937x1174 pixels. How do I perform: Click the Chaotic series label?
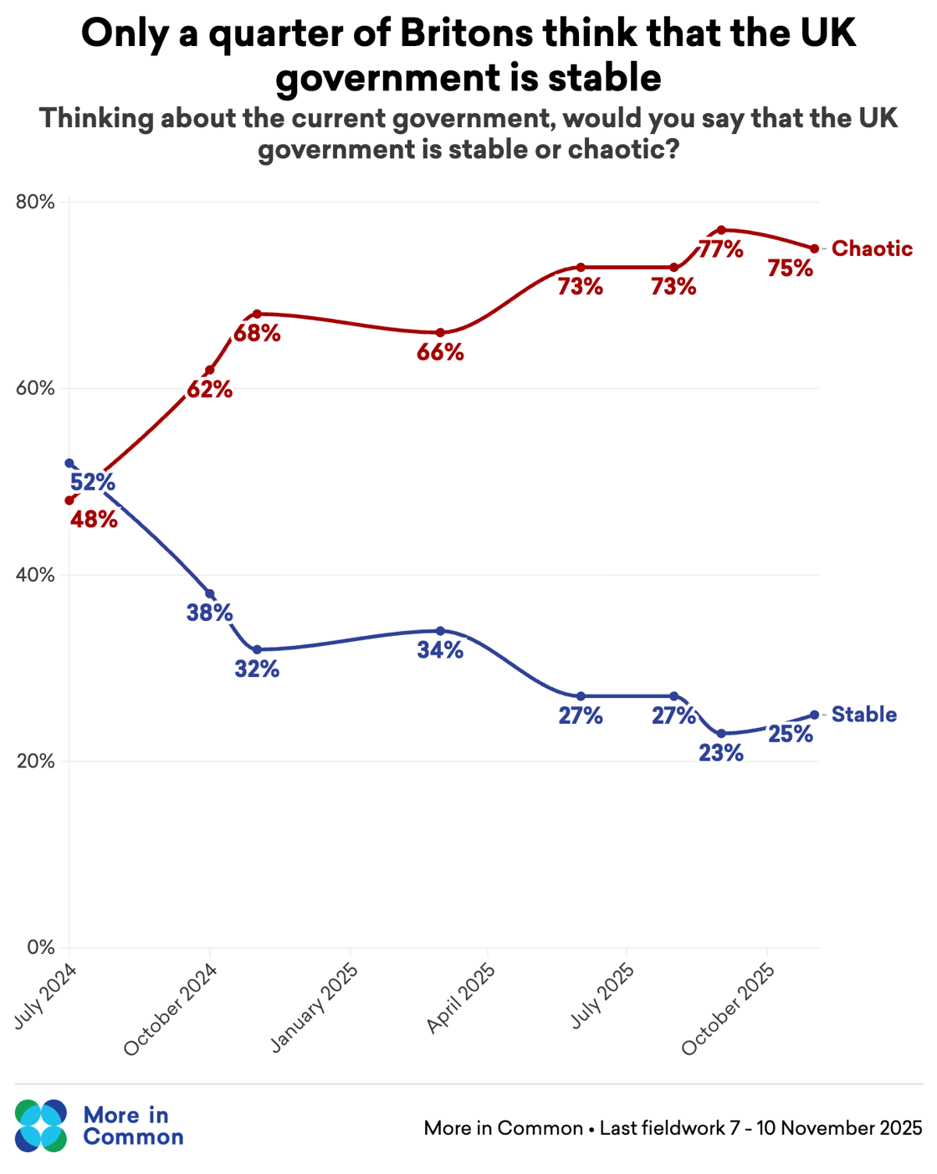click(x=872, y=249)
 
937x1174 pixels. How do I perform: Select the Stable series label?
click(x=863, y=715)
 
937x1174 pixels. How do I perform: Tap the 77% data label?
click(x=721, y=249)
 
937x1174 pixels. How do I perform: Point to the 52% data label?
click(x=92, y=483)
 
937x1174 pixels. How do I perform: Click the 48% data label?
click(x=94, y=520)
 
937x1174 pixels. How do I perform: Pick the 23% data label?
click(x=721, y=753)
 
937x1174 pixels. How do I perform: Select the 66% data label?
click(x=440, y=352)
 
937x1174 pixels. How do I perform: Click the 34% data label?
click(x=440, y=650)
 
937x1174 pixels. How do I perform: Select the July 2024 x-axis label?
click(x=46, y=996)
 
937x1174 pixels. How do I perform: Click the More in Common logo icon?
click(x=40, y=1125)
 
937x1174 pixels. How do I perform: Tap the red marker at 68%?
click(x=257, y=314)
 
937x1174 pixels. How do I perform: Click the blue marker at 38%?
click(x=209, y=593)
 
